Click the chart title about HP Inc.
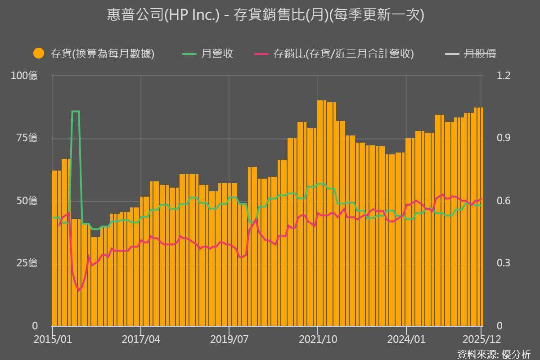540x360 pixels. click(265, 15)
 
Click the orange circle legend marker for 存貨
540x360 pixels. click(39, 54)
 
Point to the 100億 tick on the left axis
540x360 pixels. click(24, 76)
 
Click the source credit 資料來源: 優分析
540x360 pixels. click(494, 354)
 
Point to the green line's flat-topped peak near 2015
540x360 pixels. click(76, 111)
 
